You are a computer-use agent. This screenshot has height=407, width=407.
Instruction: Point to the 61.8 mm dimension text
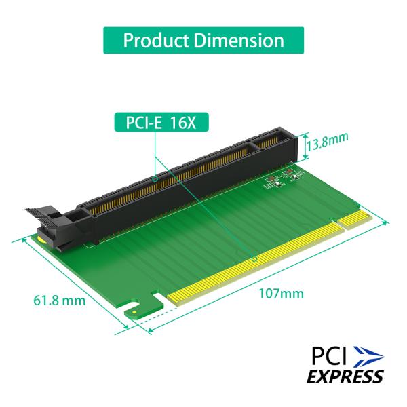point(60,299)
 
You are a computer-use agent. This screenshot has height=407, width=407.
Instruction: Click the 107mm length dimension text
point(281,294)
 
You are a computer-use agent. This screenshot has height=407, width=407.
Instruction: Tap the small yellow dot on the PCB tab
point(135,313)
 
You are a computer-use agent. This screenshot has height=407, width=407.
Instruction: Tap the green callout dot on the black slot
point(155,179)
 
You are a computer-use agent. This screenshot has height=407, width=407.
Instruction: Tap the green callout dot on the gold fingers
point(254,258)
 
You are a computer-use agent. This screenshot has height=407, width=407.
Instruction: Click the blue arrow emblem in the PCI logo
point(368,355)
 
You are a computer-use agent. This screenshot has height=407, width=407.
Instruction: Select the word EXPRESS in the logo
point(345,376)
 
